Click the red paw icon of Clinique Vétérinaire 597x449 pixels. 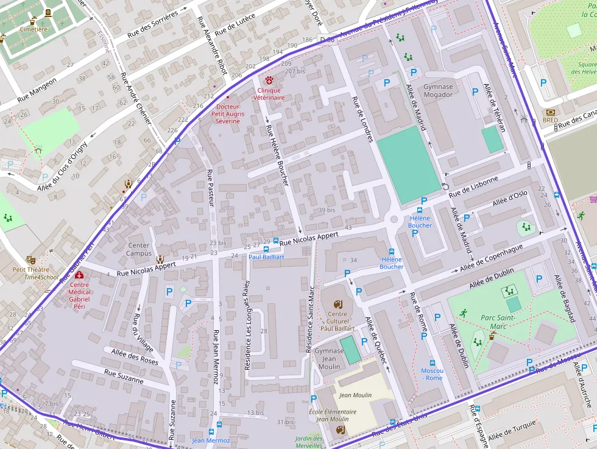click(x=269, y=80)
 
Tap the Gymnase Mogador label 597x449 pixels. click(x=438, y=91)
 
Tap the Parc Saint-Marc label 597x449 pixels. click(x=498, y=322)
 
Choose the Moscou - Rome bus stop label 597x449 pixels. click(x=432, y=374)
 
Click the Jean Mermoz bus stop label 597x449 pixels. click(x=211, y=440)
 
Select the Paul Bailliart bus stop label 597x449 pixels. click(x=266, y=257)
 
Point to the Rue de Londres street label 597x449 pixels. click(x=362, y=119)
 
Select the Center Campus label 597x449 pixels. click(x=139, y=250)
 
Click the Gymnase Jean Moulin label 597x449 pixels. click(x=329, y=359)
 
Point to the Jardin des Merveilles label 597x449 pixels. click(x=308, y=442)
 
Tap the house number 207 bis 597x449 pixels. click(x=294, y=71)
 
